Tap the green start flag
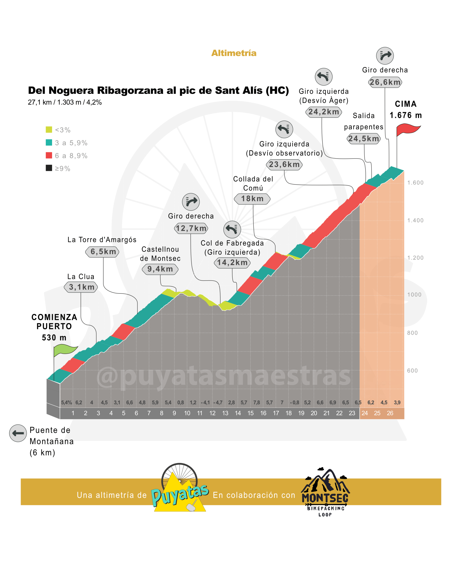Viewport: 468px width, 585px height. [65, 350]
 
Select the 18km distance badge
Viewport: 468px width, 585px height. [252, 199]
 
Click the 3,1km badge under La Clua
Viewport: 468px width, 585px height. [81, 287]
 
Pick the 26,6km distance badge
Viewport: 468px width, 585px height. [385, 82]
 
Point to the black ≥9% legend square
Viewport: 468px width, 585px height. [49, 168]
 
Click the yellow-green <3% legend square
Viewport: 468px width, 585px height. [49, 130]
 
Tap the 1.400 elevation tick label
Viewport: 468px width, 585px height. [415, 221]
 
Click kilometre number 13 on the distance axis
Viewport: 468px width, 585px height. [225, 413]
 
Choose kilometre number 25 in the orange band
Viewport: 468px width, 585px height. [377, 413]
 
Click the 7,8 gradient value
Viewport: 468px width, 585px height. [257, 403]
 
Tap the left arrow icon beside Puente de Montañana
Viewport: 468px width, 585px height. [18, 433]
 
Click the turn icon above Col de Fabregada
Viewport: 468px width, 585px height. [232, 229]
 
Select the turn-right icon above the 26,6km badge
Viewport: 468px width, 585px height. [385, 56]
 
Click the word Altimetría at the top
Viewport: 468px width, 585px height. [234, 53]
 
